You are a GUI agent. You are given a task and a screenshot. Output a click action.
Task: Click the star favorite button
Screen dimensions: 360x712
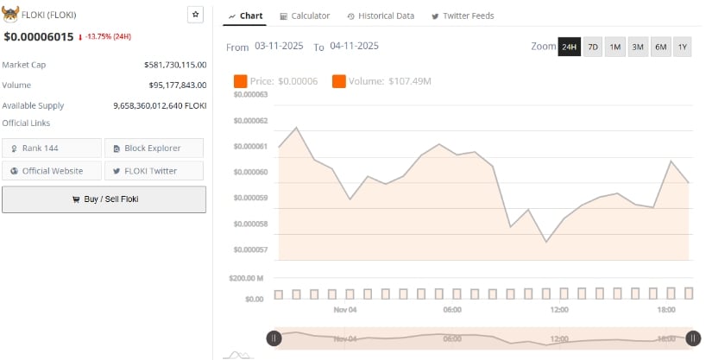point(196,15)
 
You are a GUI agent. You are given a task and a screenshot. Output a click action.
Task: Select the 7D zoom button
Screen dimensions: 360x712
point(593,47)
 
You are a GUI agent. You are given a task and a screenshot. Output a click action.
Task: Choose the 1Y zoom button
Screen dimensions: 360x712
point(682,47)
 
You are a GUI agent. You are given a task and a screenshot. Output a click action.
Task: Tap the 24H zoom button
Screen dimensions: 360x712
point(569,47)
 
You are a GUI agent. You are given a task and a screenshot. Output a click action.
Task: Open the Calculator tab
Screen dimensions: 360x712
point(305,16)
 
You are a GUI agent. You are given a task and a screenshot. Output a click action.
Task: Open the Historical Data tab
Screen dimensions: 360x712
point(381,16)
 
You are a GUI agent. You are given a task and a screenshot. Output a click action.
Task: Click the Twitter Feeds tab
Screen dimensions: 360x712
point(463,16)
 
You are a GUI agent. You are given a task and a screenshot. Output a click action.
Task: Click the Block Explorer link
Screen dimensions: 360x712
point(154,148)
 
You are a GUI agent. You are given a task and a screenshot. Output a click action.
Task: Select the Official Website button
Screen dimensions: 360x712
point(52,171)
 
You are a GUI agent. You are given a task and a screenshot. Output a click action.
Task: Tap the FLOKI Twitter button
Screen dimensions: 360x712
point(154,171)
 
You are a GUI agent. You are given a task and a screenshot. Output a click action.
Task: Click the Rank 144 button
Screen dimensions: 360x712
point(52,148)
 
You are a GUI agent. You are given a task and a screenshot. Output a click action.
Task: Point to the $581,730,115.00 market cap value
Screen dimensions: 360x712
point(175,65)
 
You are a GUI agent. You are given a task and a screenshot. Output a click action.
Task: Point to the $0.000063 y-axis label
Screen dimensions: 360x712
point(250,94)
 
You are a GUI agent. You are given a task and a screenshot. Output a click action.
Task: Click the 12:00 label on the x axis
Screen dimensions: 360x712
point(559,309)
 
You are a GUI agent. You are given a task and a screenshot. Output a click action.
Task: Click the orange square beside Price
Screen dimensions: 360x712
point(240,81)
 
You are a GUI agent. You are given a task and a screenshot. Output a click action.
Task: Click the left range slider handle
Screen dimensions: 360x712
point(274,339)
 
